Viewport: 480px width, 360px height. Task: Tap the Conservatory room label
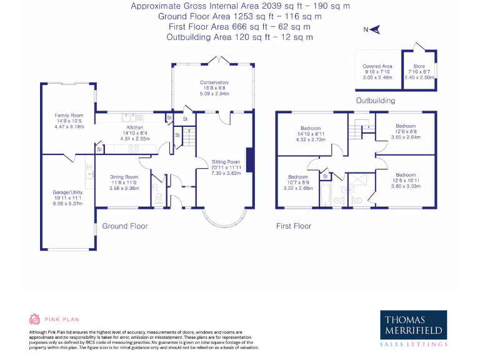pos(214,82)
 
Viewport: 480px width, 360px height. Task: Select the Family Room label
pos(69,116)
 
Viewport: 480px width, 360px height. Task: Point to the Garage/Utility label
pos(67,192)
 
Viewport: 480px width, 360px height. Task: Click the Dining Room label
pos(124,177)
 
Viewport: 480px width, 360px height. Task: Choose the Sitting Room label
pos(226,162)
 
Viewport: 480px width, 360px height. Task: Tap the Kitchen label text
pos(135,127)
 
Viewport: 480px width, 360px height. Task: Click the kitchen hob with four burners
pos(134,149)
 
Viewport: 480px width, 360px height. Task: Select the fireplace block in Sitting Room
pos(249,160)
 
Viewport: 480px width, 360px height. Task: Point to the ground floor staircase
pos(189,136)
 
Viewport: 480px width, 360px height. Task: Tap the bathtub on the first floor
pos(326,194)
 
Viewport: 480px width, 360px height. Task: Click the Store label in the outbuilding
pos(419,66)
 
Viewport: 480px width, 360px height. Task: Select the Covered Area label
pos(377,66)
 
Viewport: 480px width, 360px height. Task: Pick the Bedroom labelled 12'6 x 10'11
pos(406,175)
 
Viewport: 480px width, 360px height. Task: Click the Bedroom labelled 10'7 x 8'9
pos(298,177)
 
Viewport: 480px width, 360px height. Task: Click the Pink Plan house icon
pos(34,319)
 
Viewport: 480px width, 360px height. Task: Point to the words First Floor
pos(294,226)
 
